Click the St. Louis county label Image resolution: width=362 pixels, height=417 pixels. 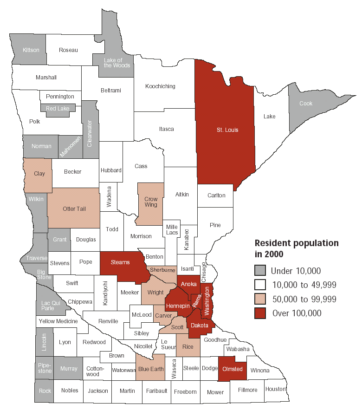227,130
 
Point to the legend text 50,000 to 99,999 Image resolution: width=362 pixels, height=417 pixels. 304,299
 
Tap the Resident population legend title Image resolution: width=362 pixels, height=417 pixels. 297,248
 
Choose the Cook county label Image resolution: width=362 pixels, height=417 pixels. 306,104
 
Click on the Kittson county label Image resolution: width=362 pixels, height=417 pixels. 31,50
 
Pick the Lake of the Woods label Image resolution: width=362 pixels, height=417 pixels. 113,63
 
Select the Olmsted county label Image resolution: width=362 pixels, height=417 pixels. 232,369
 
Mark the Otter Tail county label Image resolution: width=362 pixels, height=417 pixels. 74,209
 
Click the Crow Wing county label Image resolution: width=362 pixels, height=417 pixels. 151,202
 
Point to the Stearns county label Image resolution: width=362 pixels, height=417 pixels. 120,262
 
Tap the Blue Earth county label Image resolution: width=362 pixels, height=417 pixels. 151,369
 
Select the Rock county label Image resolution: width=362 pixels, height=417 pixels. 45,391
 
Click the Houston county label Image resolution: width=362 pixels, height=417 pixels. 276,389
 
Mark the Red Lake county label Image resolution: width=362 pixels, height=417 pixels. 57,108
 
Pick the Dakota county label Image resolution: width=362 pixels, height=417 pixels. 199,326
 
